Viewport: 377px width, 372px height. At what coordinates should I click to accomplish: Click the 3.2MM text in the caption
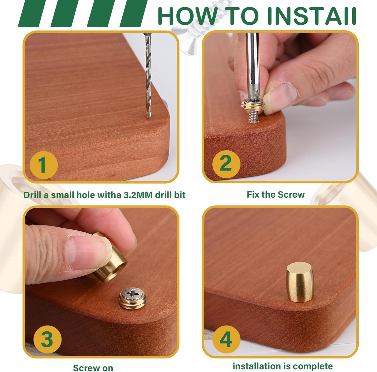pyautogui.click(x=138, y=195)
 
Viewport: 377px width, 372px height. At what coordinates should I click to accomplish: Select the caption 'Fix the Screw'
pyautogui.click(x=275, y=194)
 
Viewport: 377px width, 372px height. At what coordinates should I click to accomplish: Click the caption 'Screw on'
pyautogui.click(x=93, y=368)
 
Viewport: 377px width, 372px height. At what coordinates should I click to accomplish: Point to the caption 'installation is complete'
pyautogui.click(x=282, y=366)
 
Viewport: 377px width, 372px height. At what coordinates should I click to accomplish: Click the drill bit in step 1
pyautogui.click(x=148, y=75)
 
